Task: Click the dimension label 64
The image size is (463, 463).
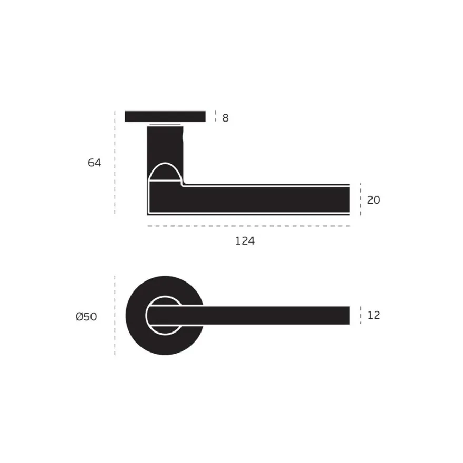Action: click(x=95, y=163)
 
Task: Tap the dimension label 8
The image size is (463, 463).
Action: click(x=225, y=118)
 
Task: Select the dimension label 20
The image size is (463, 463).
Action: click(x=374, y=200)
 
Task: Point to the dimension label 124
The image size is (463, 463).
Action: click(x=245, y=241)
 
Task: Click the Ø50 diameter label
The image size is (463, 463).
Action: click(x=86, y=317)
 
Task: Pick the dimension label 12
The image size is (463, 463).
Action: click(x=374, y=315)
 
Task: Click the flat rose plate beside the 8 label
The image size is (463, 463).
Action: click(x=165, y=116)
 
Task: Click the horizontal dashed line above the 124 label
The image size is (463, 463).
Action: click(x=249, y=226)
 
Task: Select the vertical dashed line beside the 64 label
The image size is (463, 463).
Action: click(x=115, y=163)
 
